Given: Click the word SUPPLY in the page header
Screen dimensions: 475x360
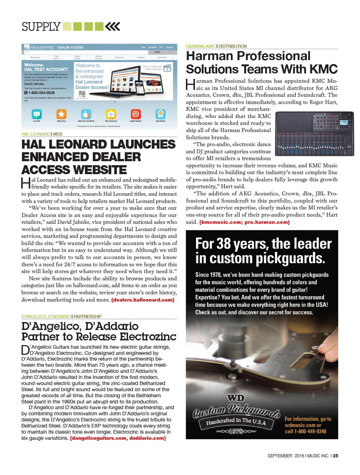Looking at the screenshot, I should (x=41, y=27).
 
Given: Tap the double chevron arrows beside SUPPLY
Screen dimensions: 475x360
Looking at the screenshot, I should (x=113, y=27).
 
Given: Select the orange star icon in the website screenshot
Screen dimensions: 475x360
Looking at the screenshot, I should (x=61, y=114).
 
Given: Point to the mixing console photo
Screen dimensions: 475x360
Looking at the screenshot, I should (x=314, y=134).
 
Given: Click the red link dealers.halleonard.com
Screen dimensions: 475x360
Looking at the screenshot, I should (x=143, y=300).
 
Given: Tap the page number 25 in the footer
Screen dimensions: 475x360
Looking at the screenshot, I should (x=336, y=456).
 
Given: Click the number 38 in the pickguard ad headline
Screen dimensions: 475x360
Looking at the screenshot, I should (x=223, y=244).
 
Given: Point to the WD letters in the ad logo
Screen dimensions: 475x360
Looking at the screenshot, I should (x=236, y=398).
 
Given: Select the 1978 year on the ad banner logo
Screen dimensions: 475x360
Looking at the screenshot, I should (x=236, y=431).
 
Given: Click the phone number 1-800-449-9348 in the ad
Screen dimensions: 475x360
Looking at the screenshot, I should (x=310, y=431).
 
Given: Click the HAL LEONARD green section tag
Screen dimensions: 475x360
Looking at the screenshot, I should (x=36, y=134).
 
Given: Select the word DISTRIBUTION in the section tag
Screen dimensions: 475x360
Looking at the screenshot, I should (x=232, y=46).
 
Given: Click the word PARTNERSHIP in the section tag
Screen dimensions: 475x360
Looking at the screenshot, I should (x=87, y=317).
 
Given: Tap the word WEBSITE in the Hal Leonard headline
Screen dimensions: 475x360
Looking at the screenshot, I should (x=74, y=170).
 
